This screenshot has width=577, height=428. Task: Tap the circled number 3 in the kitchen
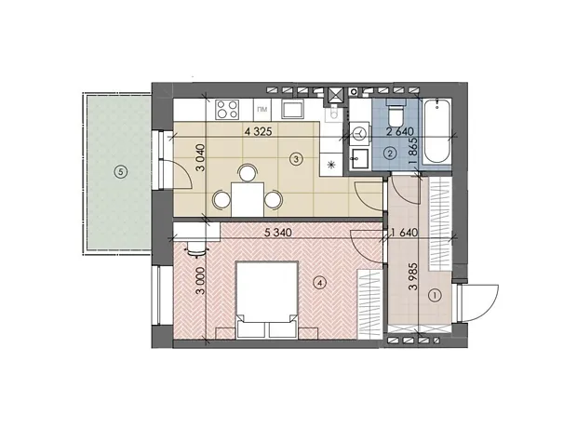[x=296, y=159]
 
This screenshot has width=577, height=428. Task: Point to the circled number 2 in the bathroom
[x=390, y=154]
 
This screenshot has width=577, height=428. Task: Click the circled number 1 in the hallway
[x=436, y=295]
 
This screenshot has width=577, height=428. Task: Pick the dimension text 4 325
[x=258, y=131]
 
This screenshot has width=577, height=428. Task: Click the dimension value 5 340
[x=278, y=233]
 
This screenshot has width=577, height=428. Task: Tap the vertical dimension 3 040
[x=201, y=157]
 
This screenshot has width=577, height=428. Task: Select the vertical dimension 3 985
[x=414, y=276]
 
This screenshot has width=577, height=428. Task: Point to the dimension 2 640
[x=399, y=131]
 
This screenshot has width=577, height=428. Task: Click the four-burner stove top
[x=227, y=109]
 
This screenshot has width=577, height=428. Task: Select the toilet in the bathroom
[x=396, y=113]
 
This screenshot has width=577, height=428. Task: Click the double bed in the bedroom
[x=266, y=299]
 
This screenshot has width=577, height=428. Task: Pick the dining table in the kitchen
[x=248, y=199]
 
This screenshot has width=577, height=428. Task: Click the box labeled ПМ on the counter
[x=262, y=109]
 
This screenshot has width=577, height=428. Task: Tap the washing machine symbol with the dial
[x=359, y=133]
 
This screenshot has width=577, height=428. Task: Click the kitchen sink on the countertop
[x=292, y=110]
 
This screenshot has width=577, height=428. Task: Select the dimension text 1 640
[x=405, y=233]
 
